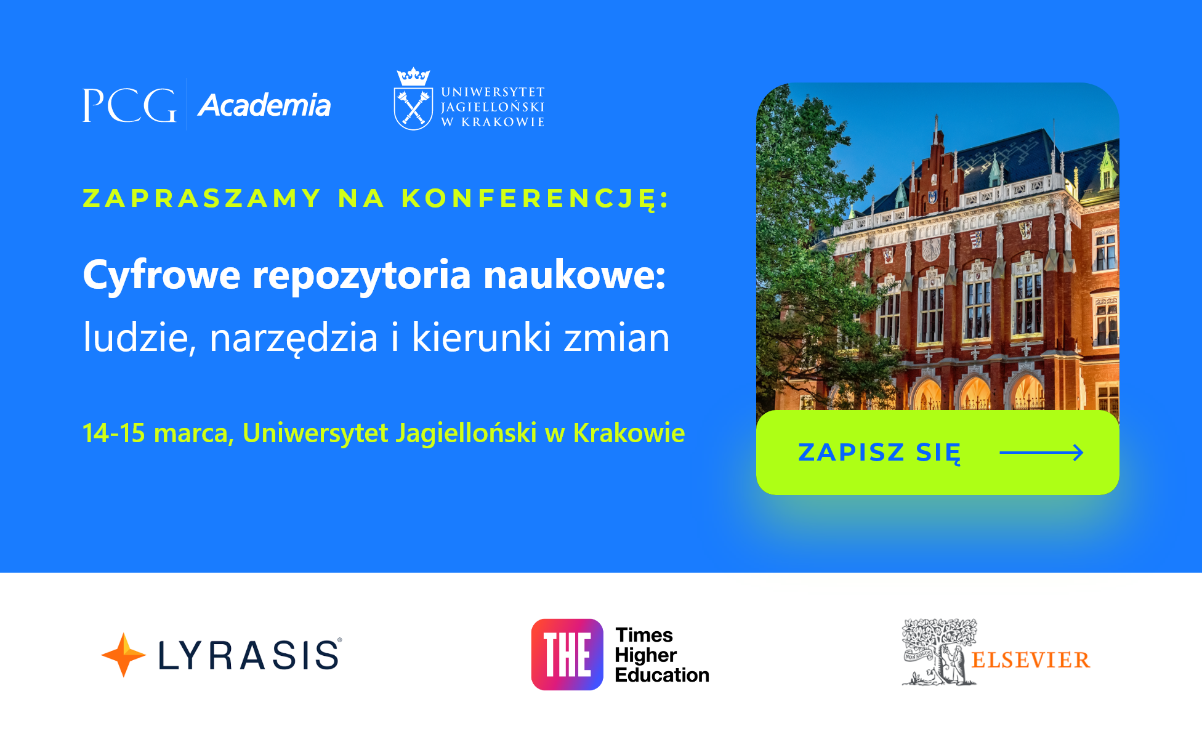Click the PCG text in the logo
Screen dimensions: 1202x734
pos(129,105)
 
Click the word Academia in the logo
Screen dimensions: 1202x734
pos(264,105)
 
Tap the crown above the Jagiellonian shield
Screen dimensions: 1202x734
pos(413,77)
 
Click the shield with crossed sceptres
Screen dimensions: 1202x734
pos(413,109)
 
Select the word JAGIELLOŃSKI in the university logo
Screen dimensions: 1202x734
pos(493,107)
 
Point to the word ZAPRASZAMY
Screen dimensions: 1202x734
pos(202,198)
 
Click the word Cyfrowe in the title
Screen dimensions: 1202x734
pos(161,275)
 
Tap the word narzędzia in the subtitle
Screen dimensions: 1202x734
pos(294,338)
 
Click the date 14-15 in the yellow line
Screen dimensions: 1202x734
pos(114,433)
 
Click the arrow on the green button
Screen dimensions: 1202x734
pos(1041,453)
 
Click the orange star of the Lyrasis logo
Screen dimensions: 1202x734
pos(123,655)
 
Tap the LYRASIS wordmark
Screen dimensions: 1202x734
pos(249,655)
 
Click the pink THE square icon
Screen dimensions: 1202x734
pos(567,655)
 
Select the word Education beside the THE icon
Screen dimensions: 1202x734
pos(662,675)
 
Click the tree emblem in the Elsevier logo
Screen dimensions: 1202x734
pos(939,652)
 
